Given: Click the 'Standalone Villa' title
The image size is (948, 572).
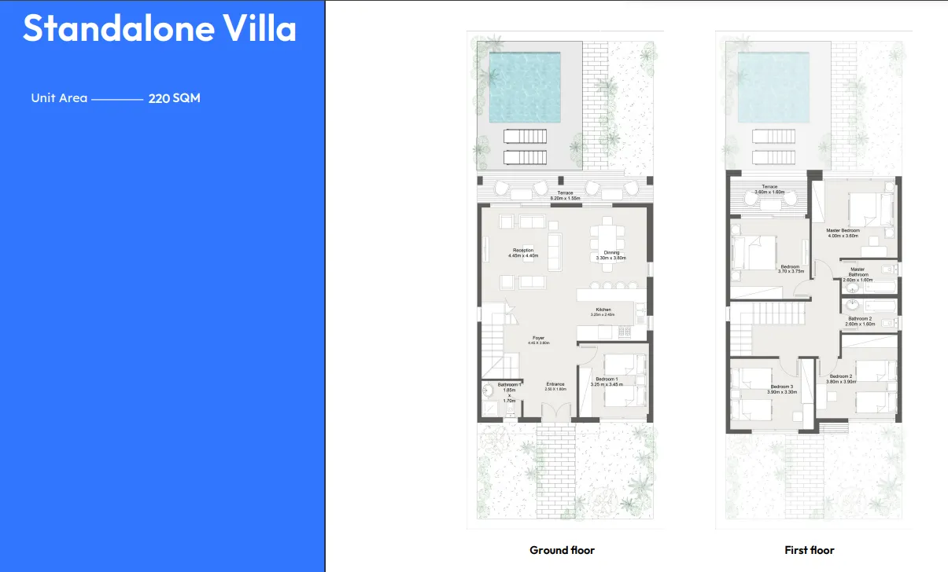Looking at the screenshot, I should point(160,29).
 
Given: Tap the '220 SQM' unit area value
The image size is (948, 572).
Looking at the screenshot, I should point(174,99).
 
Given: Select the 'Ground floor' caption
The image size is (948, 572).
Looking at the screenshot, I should point(562,550).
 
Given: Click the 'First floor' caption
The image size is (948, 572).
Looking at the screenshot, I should point(809,550).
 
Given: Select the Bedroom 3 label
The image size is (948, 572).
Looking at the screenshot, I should point(782,388).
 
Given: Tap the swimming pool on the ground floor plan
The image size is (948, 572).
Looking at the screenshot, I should point(525,86).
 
